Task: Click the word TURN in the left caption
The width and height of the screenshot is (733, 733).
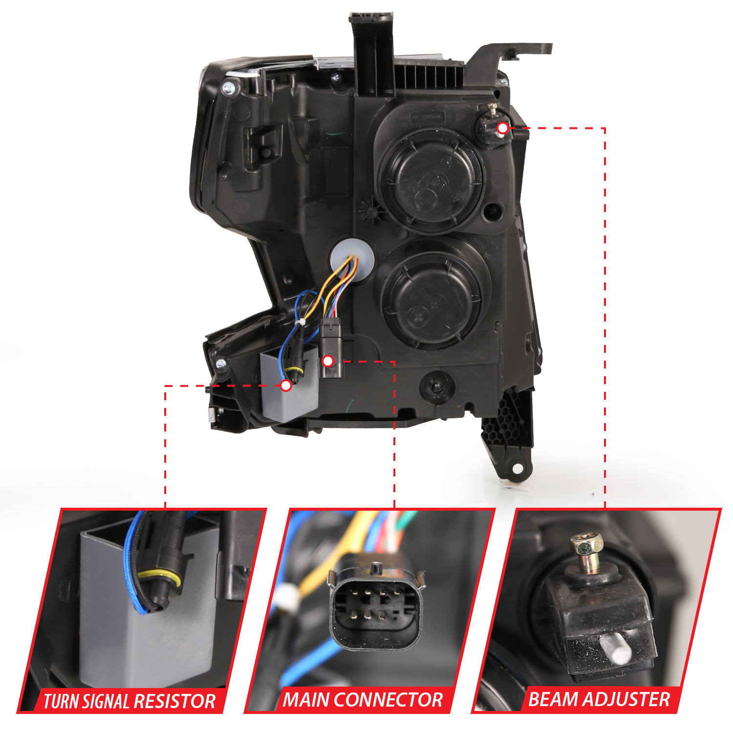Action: pyautogui.click(x=62, y=701)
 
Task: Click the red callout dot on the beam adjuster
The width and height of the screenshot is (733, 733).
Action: pyautogui.click(x=502, y=128)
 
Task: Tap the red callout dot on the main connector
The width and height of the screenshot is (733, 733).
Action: pyautogui.click(x=328, y=361)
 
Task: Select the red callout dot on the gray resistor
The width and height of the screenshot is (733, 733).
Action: pyautogui.click(x=286, y=386)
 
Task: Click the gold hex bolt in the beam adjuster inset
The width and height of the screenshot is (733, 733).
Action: pyautogui.click(x=586, y=546)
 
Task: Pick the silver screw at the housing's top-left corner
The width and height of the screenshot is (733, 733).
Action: pyautogui.click(x=228, y=88)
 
